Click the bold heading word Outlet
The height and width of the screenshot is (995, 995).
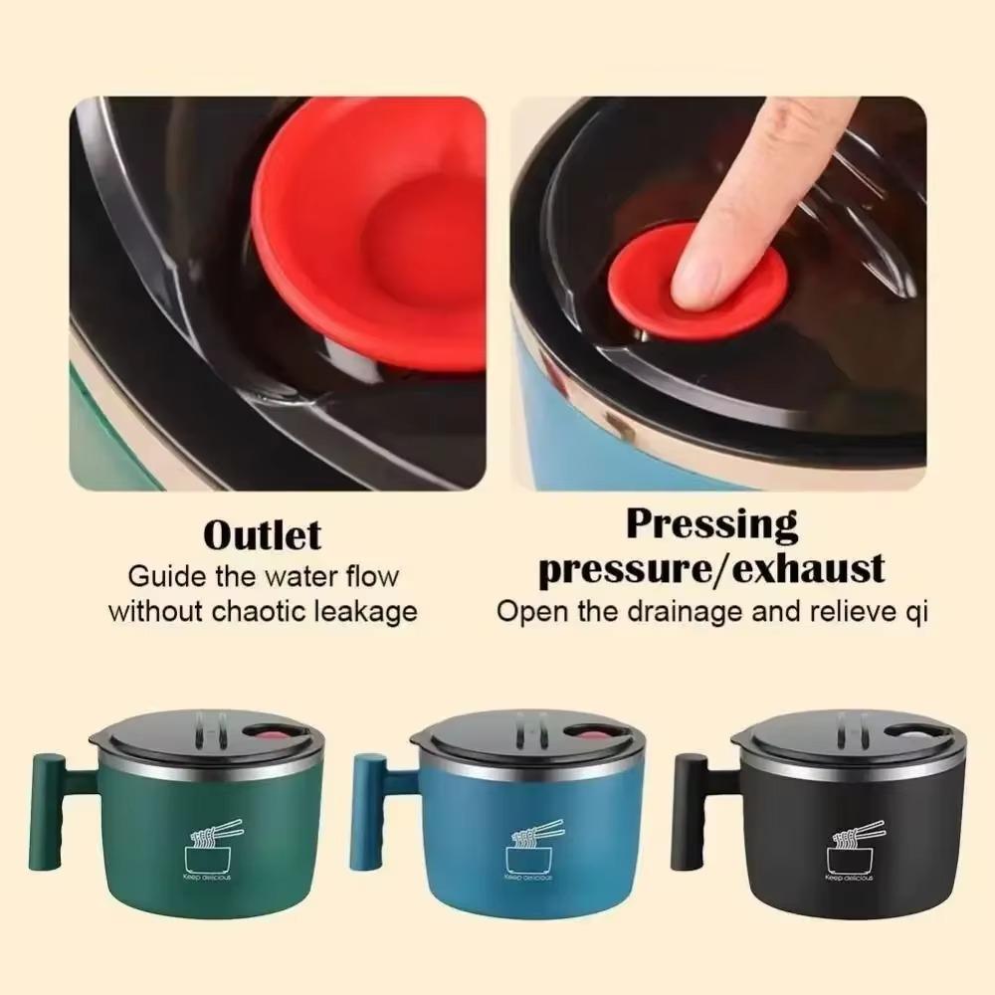click(x=262, y=534)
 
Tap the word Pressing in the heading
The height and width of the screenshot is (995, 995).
click(x=711, y=524)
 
